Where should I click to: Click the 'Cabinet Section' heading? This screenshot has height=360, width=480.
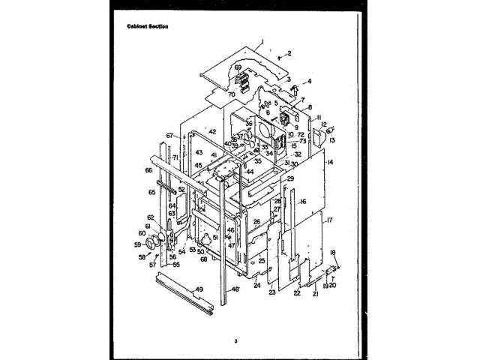148,26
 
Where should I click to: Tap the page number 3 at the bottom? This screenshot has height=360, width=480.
235,341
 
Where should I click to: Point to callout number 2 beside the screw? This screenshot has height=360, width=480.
289,54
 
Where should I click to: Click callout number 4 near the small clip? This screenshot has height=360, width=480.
309,81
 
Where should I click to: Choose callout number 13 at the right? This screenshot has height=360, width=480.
331,139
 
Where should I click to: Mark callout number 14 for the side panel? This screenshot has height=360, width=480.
330,162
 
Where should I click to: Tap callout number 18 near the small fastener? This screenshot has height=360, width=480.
333,253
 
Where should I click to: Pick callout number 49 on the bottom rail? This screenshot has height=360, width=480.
199,289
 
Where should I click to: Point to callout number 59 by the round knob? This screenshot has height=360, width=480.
137,244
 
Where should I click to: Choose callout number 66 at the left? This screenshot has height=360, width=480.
148,170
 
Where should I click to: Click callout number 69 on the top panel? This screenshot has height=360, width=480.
238,67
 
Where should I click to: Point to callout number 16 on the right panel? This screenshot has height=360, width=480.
303,201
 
